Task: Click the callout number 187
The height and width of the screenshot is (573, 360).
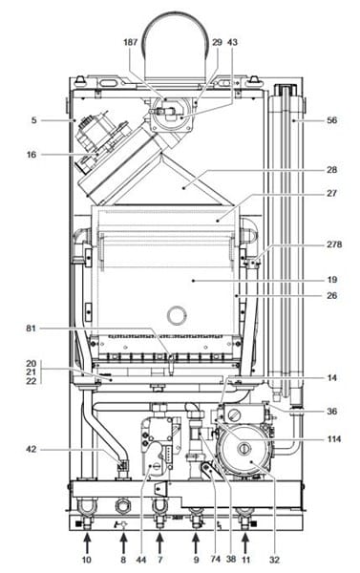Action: [130, 42]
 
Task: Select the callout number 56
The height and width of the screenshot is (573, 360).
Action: [332, 120]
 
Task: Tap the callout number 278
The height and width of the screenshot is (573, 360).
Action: [334, 244]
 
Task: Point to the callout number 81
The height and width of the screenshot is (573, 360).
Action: [32, 329]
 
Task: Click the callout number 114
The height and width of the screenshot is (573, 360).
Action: [334, 438]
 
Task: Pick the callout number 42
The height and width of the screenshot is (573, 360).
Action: [32, 449]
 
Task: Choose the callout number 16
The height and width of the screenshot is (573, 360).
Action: [32, 155]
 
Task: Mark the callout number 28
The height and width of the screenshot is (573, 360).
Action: [332, 170]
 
